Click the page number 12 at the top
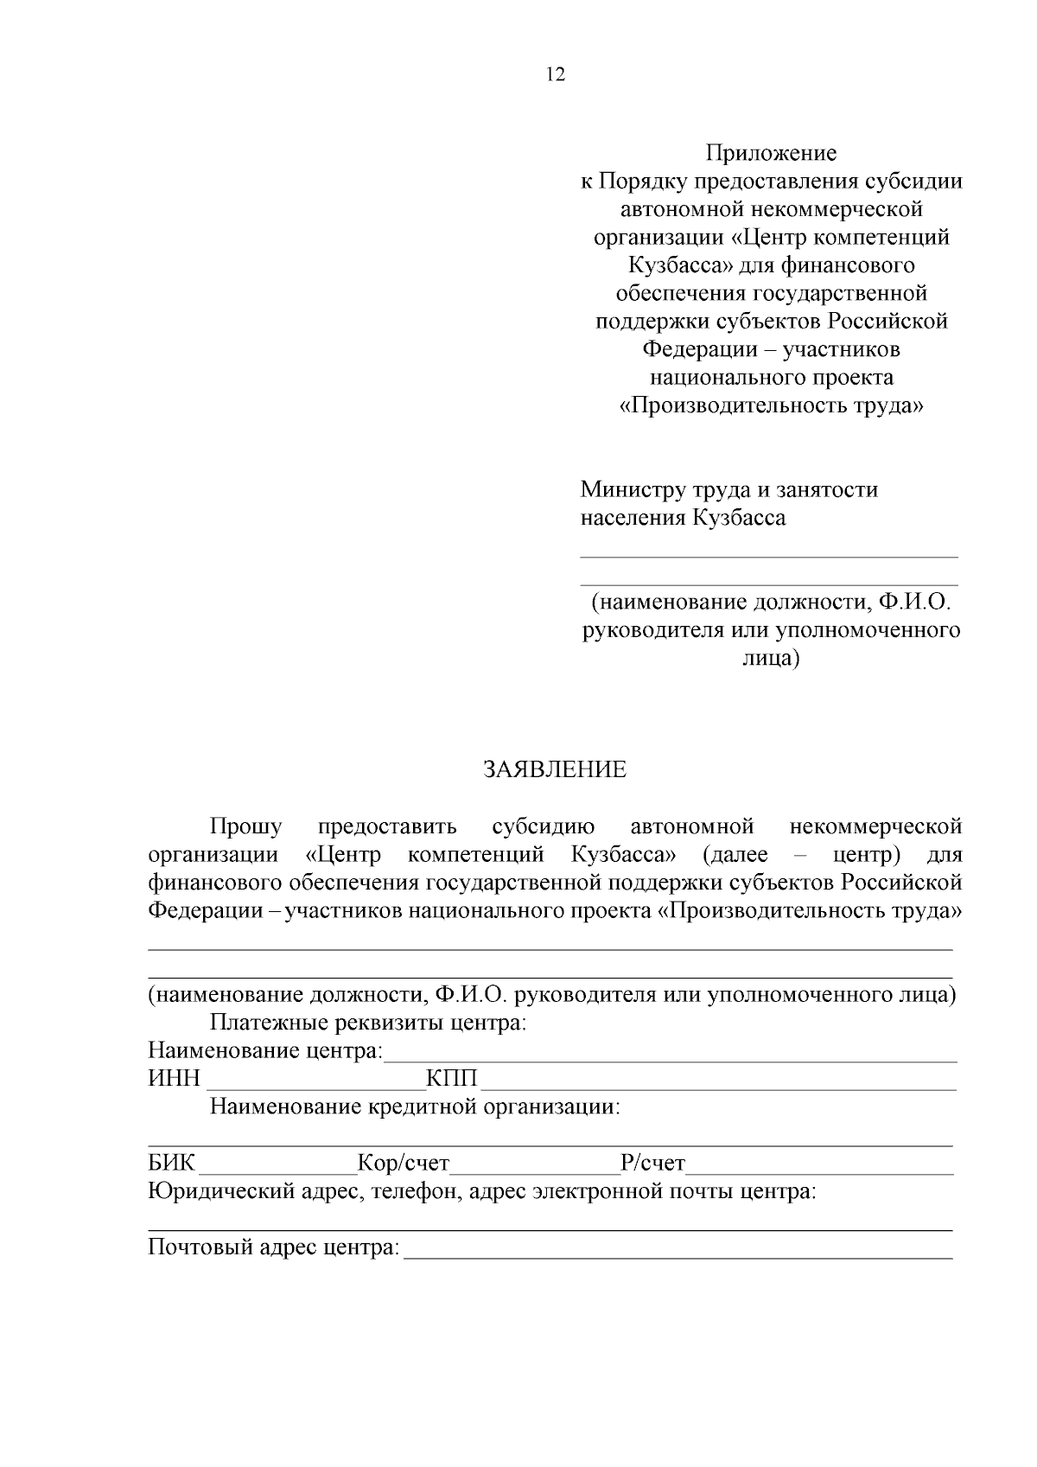[x=556, y=75]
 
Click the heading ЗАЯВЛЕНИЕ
[x=555, y=770]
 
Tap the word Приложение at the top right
[x=771, y=154]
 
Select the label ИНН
[x=174, y=1080]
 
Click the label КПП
[x=452, y=1080]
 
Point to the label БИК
[x=172, y=1164]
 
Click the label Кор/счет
[x=404, y=1164]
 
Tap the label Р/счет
[x=652, y=1164]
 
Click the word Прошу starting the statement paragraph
[x=245, y=827]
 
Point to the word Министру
[x=633, y=490]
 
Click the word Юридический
[x=220, y=1192]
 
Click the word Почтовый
[x=200, y=1248]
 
